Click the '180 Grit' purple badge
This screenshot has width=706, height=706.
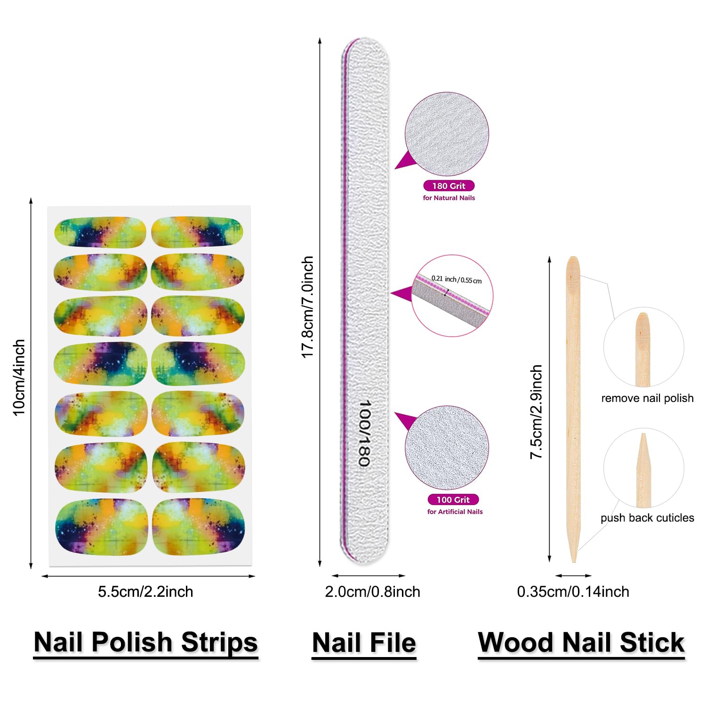coord(449,186)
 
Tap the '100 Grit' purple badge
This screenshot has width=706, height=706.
coord(453,499)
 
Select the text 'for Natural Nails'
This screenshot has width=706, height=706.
coord(449,198)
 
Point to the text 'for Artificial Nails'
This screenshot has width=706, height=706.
coord(455,512)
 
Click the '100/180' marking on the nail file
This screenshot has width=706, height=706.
coord(365,433)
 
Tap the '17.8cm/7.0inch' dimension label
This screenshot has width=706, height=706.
coord(307,307)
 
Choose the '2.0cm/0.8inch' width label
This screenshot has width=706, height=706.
coord(372,592)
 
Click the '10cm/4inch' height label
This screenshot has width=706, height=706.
coord(19,378)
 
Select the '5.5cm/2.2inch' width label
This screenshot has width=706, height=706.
coord(145,592)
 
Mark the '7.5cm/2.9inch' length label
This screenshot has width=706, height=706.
coord(536,412)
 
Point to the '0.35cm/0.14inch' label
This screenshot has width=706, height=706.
coord(573,592)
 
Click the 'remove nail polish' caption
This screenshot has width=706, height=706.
coord(647,398)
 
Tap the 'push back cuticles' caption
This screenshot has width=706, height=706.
coord(647,518)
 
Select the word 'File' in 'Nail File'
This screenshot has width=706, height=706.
coord(392,642)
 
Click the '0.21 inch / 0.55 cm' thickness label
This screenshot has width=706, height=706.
coord(457,279)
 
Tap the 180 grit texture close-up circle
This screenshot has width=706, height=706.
coord(447,134)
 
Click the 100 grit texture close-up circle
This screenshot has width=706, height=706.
coord(447,448)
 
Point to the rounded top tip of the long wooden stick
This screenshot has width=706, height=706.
coord(573,258)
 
